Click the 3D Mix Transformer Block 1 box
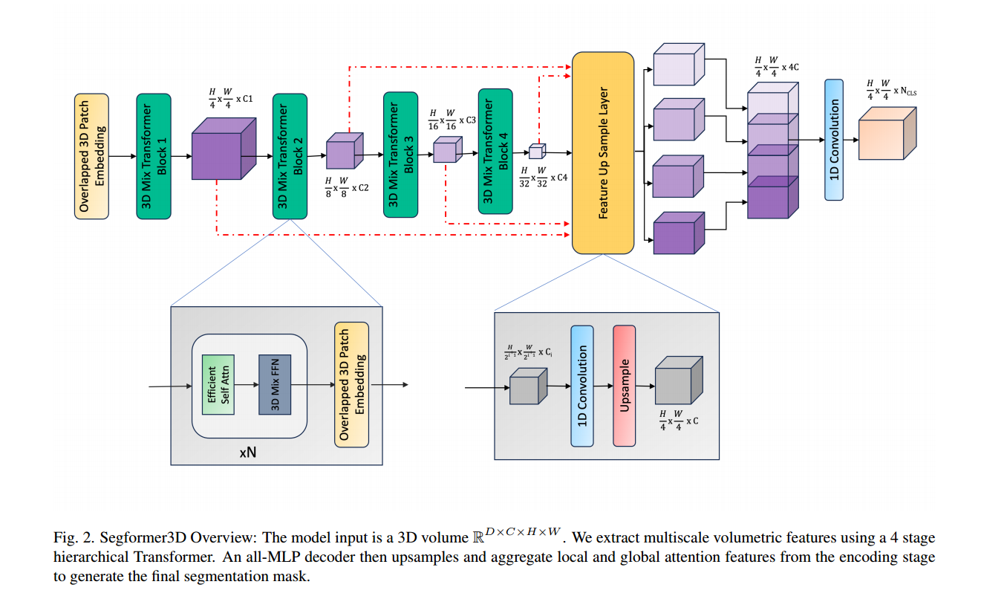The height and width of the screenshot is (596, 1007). click(154, 156)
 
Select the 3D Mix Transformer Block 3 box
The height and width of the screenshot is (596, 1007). click(400, 155)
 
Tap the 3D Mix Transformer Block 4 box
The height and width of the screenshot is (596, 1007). click(495, 151)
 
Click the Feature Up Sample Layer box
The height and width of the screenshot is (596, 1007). click(602, 152)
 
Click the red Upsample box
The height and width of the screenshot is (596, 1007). click(625, 385)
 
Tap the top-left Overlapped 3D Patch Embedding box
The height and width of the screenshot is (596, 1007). click(92, 156)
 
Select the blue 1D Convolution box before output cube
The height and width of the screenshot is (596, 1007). click(834, 140)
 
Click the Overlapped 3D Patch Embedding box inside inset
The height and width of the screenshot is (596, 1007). click(352, 386)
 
